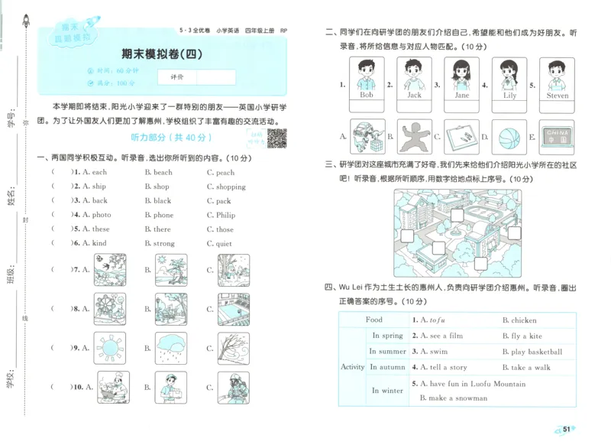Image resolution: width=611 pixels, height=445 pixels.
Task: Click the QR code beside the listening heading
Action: click(x=278, y=138)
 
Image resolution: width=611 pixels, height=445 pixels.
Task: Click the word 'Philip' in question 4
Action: click(x=225, y=215)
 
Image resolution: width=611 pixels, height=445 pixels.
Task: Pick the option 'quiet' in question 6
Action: click(x=224, y=243)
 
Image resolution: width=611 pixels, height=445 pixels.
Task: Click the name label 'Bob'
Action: click(x=366, y=96)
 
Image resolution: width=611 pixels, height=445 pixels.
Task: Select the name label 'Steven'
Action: click(x=558, y=96)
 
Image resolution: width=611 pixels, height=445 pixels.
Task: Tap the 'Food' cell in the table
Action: click(x=374, y=320)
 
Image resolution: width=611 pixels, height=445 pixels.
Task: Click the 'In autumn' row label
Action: click(x=387, y=367)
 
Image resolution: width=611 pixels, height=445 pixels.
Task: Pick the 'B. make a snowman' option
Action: click(x=453, y=398)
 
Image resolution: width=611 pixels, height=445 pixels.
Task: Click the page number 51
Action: click(x=567, y=429)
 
